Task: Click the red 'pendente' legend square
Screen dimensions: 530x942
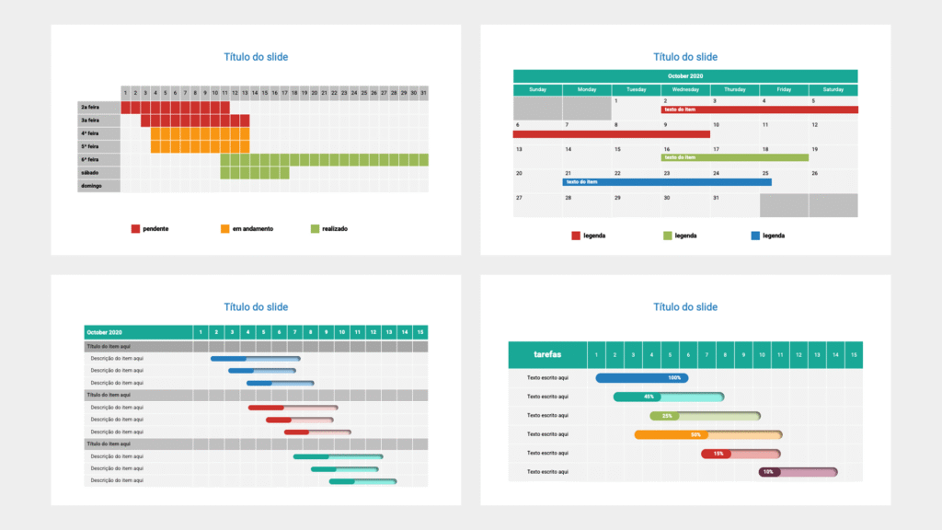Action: pos(135,228)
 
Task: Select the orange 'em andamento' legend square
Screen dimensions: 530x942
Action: pos(224,228)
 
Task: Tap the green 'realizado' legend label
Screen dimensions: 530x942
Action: pos(335,228)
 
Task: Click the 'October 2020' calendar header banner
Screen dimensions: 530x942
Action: pos(685,76)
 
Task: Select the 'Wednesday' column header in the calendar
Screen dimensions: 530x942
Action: pos(685,90)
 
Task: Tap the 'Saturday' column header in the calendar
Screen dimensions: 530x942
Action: pos(833,90)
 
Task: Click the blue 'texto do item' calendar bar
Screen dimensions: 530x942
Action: pos(667,182)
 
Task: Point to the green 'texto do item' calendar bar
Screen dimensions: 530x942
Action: pos(735,157)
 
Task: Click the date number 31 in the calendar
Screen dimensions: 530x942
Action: pos(716,198)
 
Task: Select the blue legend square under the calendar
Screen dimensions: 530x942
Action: pos(755,236)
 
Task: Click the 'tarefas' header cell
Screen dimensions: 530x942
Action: pos(547,354)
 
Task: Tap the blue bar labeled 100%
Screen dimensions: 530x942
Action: pos(642,378)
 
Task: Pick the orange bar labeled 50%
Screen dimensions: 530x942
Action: pos(707,434)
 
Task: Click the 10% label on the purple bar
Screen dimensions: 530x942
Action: pos(767,472)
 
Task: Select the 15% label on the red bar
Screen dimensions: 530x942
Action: pos(718,454)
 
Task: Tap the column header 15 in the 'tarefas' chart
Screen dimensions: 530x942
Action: pos(854,354)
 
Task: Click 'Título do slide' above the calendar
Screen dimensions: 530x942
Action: pos(685,57)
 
